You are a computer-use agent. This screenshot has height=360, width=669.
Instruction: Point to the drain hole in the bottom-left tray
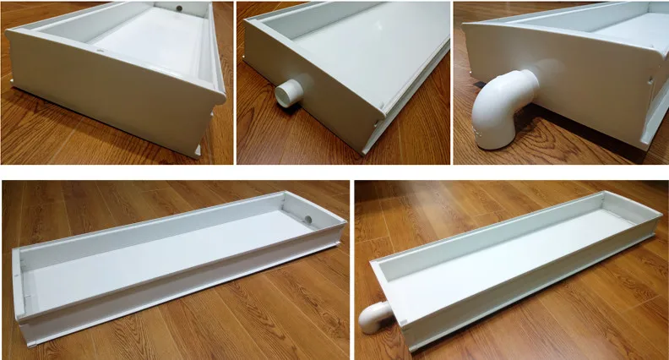[x=308, y=219]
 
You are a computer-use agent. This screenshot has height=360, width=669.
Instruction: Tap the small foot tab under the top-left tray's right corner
[x=196, y=150]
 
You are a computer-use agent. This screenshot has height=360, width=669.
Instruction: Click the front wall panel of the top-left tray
[x=110, y=93]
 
